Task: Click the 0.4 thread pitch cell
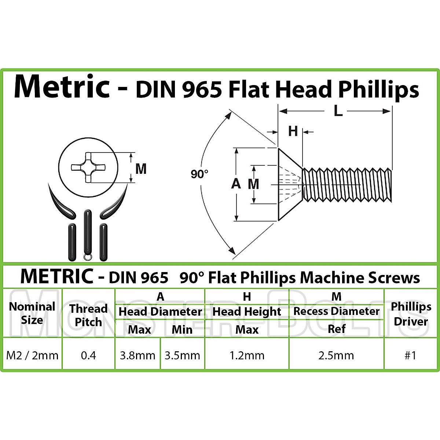(x=88, y=355)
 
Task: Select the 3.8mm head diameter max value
(x=137, y=355)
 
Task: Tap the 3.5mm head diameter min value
(x=182, y=355)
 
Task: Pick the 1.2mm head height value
(x=247, y=355)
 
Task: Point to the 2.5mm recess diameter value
(x=336, y=355)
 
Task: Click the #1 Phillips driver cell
(x=410, y=355)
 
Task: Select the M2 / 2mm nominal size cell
(x=32, y=355)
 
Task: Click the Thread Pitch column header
(x=88, y=315)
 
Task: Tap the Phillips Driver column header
(x=411, y=314)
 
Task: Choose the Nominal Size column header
(x=32, y=313)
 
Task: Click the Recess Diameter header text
(x=336, y=311)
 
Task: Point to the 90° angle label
(x=199, y=174)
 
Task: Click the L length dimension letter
(x=338, y=110)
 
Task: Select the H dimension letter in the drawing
(x=293, y=131)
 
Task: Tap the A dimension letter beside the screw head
(x=236, y=183)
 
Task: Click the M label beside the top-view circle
(x=141, y=169)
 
